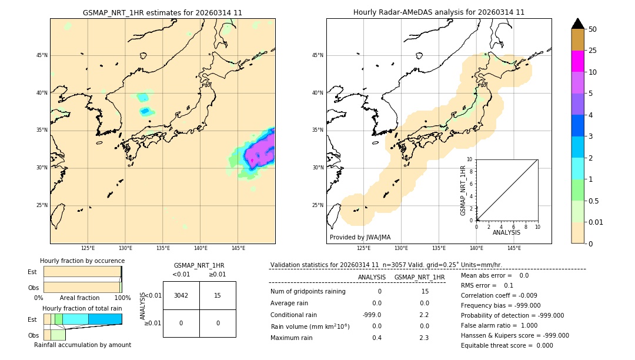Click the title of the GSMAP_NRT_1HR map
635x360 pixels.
coord(162,12)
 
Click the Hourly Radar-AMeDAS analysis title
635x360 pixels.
coord(439,12)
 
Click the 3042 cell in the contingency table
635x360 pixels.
coord(181,295)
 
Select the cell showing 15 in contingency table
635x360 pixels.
coord(218,295)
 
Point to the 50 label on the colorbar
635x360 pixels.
coord(593,29)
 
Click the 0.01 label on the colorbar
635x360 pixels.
coord(596,222)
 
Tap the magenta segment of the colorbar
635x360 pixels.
coord(577,61)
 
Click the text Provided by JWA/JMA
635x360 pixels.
coord(360,237)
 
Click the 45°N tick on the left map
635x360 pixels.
coord(42,55)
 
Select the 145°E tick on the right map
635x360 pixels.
coord(514,248)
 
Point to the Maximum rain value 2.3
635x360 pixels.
coord(423,338)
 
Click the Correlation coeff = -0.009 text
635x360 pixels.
coord(499,295)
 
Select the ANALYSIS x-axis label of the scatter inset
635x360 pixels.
coord(506,232)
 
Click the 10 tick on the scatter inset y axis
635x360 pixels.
coord(469,159)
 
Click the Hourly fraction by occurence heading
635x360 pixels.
coord(82,261)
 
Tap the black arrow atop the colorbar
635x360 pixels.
coord(577,24)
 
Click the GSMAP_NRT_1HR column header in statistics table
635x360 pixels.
coord(419,277)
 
